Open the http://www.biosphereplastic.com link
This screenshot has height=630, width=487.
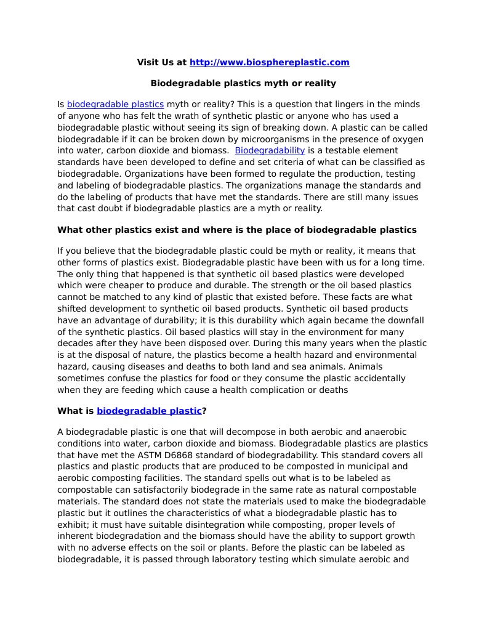[x=269, y=62]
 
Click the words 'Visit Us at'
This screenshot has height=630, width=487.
[x=161, y=62]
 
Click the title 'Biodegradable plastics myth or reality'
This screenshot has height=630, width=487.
[x=243, y=83]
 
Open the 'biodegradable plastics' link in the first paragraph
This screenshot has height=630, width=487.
[x=115, y=105]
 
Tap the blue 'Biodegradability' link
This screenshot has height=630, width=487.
[x=270, y=150]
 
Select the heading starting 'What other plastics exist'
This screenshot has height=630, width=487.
[x=236, y=230]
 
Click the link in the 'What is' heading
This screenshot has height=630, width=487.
[x=149, y=411]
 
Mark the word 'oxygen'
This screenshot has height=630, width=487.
[x=409, y=139]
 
